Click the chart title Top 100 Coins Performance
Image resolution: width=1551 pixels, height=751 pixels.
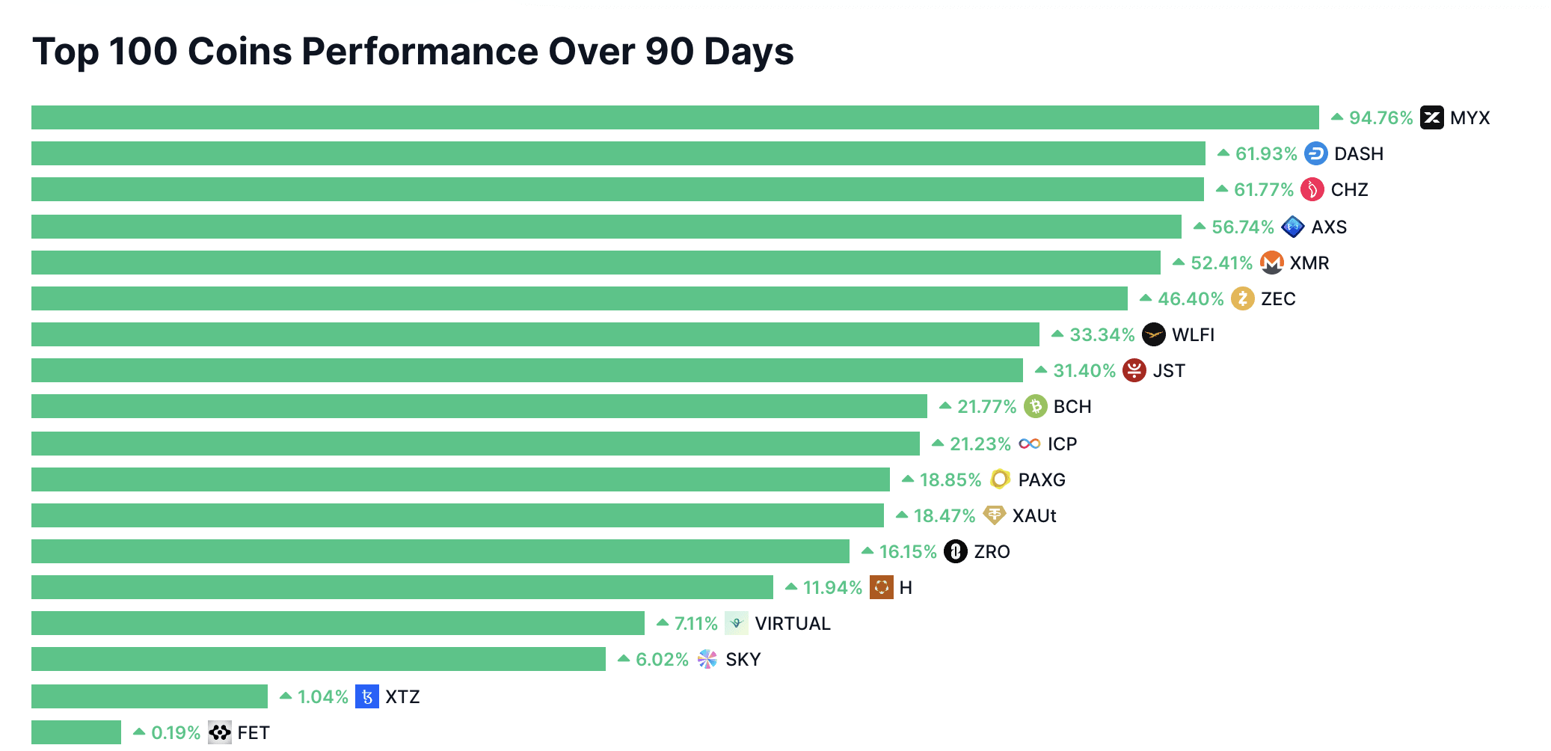click(413, 52)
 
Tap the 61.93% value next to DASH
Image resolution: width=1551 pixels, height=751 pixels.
click(1265, 154)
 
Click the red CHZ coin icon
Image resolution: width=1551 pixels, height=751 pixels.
click(1312, 190)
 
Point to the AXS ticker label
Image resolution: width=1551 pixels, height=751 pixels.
click(1329, 227)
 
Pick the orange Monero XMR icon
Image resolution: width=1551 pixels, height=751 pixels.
click(1271, 263)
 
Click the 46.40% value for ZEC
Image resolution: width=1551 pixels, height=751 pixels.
click(1191, 299)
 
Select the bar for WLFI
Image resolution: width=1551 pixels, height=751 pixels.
click(535, 334)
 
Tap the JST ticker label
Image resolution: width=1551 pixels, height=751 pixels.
click(1169, 371)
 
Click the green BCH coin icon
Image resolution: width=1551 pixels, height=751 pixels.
click(1035, 407)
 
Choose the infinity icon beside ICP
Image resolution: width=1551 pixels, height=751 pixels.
click(1029, 444)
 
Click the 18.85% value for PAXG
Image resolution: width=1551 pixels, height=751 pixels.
click(950, 480)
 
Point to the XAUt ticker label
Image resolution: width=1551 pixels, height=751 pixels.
click(1034, 516)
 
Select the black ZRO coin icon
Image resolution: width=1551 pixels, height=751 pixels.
click(955, 552)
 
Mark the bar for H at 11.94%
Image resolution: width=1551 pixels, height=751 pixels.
click(402, 587)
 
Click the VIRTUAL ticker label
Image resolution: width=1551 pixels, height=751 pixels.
click(793, 624)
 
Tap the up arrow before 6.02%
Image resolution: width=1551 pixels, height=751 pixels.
click(624, 659)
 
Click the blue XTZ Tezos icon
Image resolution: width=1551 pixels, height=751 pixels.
click(366, 697)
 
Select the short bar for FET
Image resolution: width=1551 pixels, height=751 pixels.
click(76, 732)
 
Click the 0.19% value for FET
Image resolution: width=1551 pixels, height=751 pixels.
click(176, 733)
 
